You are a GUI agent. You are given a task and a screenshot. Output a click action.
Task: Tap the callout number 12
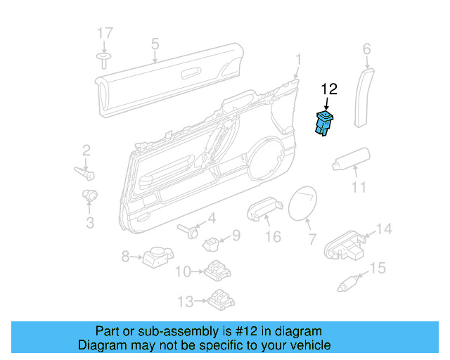point(329,89)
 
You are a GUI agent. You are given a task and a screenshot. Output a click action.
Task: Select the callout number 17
point(105,33)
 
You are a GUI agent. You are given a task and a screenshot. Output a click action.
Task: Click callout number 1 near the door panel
point(298,58)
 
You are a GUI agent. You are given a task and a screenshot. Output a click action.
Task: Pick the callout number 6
point(366,49)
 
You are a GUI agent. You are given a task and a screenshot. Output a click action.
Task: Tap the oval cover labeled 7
point(304,203)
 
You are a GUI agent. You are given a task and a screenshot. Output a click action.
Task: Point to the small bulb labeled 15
point(350,283)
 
